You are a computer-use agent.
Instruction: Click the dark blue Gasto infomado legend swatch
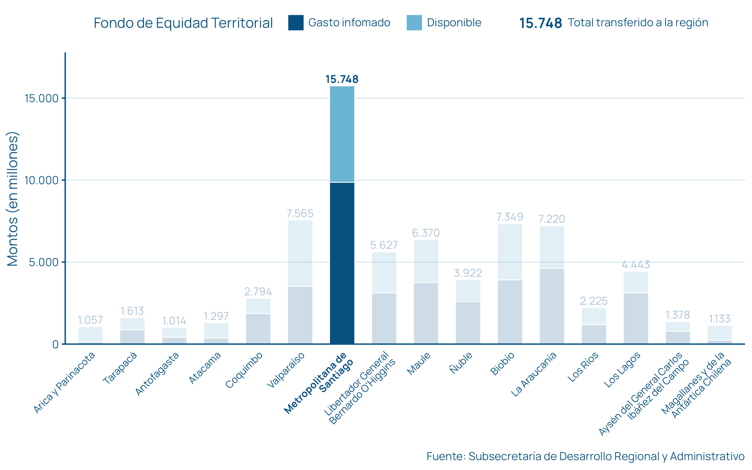click(x=295, y=23)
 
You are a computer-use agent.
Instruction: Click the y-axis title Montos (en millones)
click(x=13, y=199)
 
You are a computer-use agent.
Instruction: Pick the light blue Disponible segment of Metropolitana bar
click(x=342, y=134)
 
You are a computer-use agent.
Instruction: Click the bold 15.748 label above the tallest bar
click(x=342, y=79)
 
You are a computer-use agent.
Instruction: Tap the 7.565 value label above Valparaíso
click(x=300, y=214)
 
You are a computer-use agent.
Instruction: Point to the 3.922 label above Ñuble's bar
click(x=468, y=273)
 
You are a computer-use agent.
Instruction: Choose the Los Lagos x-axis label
click(x=622, y=370)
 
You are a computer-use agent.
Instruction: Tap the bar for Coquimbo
click(x=258, y=321)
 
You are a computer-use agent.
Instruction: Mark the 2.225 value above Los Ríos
click(x=593, y=301)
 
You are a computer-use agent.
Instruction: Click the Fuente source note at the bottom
click(x=585, y=456)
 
